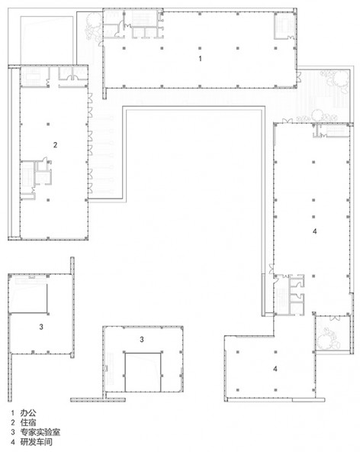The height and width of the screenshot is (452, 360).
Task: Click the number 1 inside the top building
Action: click(x=200, y=59)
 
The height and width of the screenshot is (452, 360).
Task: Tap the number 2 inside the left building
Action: click(x=55, y=145)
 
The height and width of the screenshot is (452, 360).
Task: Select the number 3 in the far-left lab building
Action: click(x=41, y=327)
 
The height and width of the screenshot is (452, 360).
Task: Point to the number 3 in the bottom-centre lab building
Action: click(x=142, y=340)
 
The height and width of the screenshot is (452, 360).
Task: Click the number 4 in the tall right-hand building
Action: click(x=315, y=231)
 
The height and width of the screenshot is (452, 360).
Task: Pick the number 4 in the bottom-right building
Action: click(x=275, y=369)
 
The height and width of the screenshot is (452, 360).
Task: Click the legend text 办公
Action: click(x=28, y=413)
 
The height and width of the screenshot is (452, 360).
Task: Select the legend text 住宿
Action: click(x=28, y=422)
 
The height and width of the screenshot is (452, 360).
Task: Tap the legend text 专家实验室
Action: click(x=40, y=432)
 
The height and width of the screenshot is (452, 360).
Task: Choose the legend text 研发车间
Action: click(x=37, y=441)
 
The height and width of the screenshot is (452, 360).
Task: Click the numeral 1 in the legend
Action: click(x=13, y=413)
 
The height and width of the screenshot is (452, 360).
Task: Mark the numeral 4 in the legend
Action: click(x=13, y=441)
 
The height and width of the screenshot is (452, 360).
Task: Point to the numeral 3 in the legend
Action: click(x=13, y=432)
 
